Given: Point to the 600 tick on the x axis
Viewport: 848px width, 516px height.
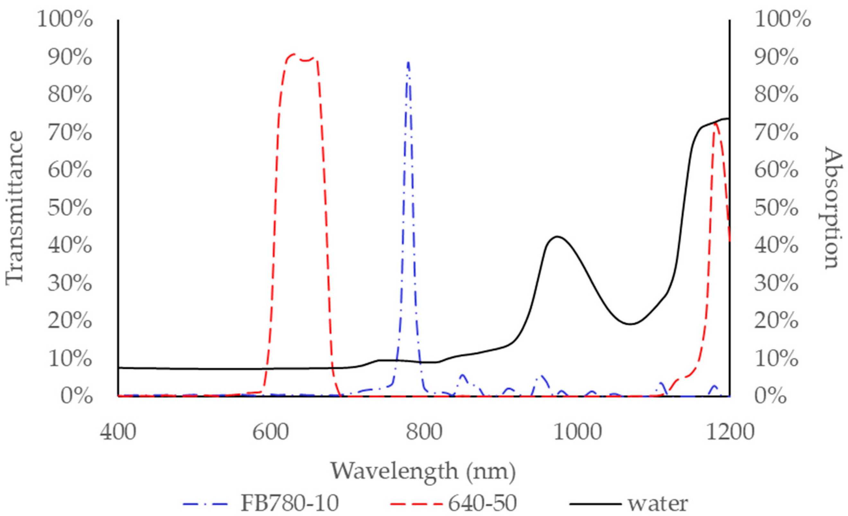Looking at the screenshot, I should pyautogui.click(x=270, y=432).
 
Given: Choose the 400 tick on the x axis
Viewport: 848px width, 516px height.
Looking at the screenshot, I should pyautogui.click(x=118, y=432).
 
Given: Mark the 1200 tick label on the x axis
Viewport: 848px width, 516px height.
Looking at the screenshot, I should pyautogui.click(x=730, y=432).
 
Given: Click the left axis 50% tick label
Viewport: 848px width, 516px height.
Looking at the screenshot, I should pyautogui.click(x=70, y=208).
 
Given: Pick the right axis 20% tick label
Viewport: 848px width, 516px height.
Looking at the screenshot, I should pyautogui.click(x=776, y=321).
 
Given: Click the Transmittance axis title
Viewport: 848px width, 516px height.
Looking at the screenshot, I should pyautogui.click(x=14, y=208).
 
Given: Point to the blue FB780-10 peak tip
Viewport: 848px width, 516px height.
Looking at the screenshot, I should pyautogui.click(x=408, y=62).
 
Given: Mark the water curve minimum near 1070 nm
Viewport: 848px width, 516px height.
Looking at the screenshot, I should pyautogui.click(x=630, y=324).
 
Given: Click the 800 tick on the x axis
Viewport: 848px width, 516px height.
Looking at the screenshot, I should pyautogui.click(x=424, y=432).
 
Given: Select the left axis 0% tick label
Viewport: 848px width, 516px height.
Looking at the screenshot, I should pyautogui.click(x=76, y=396).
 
